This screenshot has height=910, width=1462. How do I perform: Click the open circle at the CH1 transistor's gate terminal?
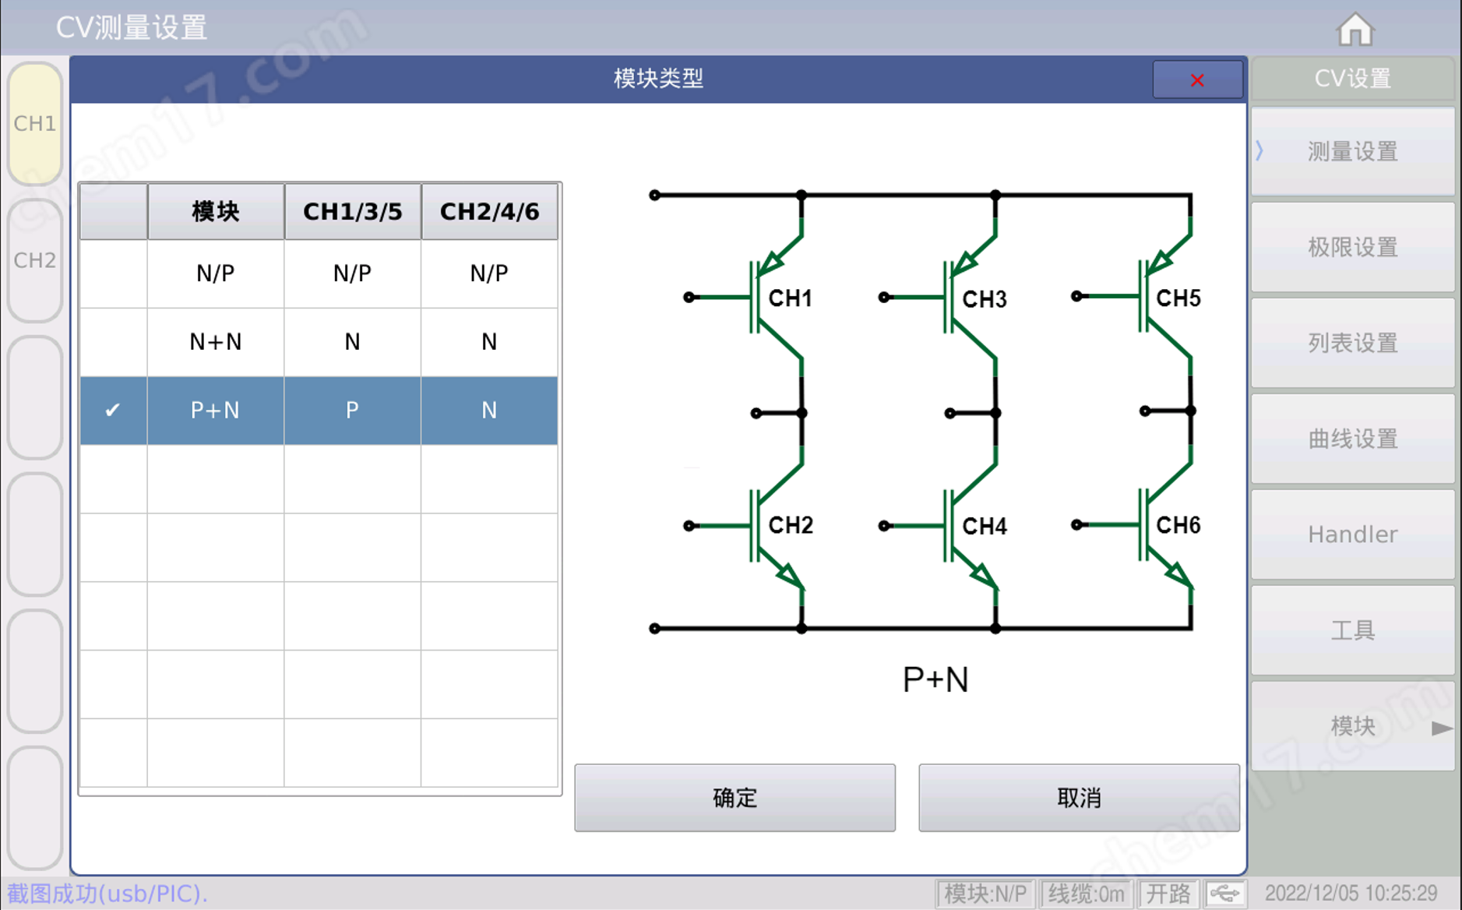689,297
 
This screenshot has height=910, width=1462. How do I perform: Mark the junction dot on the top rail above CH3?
995,195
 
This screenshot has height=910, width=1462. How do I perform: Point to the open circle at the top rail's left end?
655,195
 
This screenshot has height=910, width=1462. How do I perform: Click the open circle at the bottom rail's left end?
655,628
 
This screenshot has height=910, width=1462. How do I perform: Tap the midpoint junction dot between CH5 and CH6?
1190,411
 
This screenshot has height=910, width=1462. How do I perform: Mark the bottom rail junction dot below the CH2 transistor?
801,628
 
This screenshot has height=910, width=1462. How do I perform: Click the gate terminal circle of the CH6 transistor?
1076,524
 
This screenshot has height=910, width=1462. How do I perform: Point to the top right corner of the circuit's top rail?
1191,195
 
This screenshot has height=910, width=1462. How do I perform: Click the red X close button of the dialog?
1197,79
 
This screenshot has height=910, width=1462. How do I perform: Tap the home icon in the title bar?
1355,30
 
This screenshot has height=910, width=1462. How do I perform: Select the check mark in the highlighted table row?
112,410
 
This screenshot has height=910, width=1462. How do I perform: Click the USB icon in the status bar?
1225,893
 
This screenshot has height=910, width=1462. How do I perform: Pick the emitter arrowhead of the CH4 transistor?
984,576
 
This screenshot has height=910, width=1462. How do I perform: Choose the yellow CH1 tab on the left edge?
35,123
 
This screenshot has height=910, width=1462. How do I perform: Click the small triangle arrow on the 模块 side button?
1442,728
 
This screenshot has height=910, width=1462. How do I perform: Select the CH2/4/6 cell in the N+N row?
489,342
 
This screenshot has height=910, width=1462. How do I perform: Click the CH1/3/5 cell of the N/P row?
352,273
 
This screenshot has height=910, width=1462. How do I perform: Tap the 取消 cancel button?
1079,798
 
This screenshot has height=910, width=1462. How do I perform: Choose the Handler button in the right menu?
1353,534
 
